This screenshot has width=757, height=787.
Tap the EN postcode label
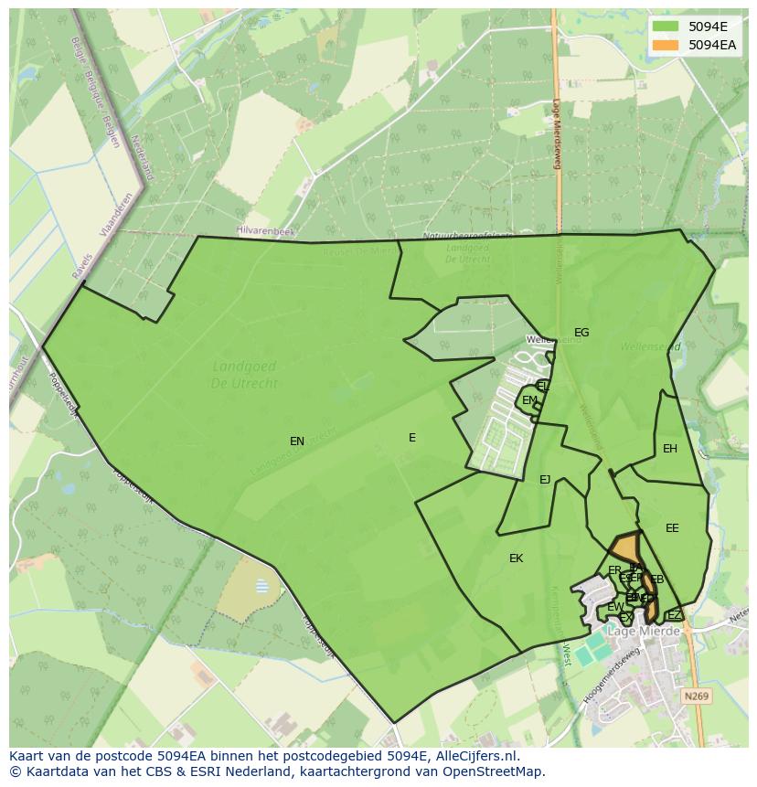[x=297, y=441]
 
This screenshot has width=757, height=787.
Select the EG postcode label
[x=581, y=333]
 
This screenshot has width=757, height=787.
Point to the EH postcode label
[x=670, y=449]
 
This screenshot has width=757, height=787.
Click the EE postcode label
[x=672, y=528]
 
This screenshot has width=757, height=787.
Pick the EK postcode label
[x=517, y=558]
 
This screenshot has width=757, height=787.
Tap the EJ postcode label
[x=545, y=480]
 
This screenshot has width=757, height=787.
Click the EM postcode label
[x=529, y=400]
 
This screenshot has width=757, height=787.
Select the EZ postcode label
[x=674, y=615]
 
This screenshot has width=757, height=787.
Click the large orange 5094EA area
[x=624, y=548]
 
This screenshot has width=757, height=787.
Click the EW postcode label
[x=615, y=607]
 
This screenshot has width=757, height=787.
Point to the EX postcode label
[x=626, y=618]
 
